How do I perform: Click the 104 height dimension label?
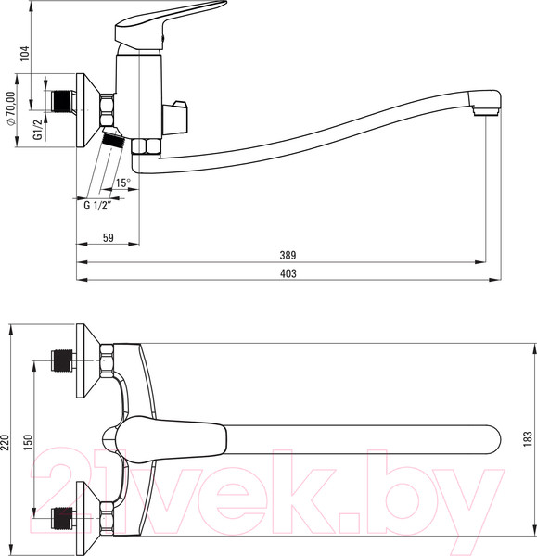coord(24,54)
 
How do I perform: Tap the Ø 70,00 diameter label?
coord(11,108)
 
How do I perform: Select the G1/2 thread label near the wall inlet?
coord(38,129)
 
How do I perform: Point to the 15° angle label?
coord(122,183)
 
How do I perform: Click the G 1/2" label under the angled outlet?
coord(97,206)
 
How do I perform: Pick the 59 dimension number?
coord(109,237)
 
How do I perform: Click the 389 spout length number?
coord(288,256)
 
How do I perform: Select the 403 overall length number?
coord(288,273)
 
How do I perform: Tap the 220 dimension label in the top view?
coord(5,442)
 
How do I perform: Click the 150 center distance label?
coord(28,442)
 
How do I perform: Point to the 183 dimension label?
coord(528,438)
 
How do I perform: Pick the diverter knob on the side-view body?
coord(174,119)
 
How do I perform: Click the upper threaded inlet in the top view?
coord(62,360)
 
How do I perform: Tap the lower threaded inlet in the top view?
coord(62,518)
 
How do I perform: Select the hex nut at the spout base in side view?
coord(146,146)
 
